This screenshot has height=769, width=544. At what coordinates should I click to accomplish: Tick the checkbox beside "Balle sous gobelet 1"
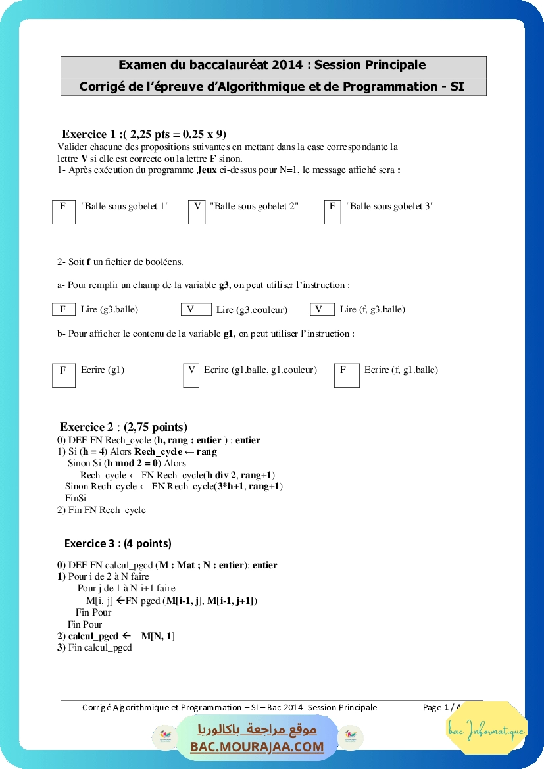coord(63,211)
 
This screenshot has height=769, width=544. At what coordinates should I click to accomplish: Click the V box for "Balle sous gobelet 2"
coord(197,211)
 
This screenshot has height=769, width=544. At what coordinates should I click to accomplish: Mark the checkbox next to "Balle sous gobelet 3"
coord(333,211)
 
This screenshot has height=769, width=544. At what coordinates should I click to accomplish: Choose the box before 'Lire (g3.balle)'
coord(63,309)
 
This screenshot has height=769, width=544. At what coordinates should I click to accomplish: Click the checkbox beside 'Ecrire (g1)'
coord(64,375)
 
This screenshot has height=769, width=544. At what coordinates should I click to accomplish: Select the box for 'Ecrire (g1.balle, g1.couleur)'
coord(191,375)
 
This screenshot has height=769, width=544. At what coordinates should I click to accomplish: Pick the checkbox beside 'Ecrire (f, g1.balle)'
coord(346,375)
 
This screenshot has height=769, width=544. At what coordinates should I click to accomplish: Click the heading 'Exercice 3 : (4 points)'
coord(118,543)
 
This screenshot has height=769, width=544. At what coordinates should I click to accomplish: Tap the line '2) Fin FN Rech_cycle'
coord(101,510)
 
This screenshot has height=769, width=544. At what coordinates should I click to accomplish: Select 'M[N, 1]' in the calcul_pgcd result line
coord(158,636)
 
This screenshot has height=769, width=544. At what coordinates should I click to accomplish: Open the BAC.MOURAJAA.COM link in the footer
coord(257,747)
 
